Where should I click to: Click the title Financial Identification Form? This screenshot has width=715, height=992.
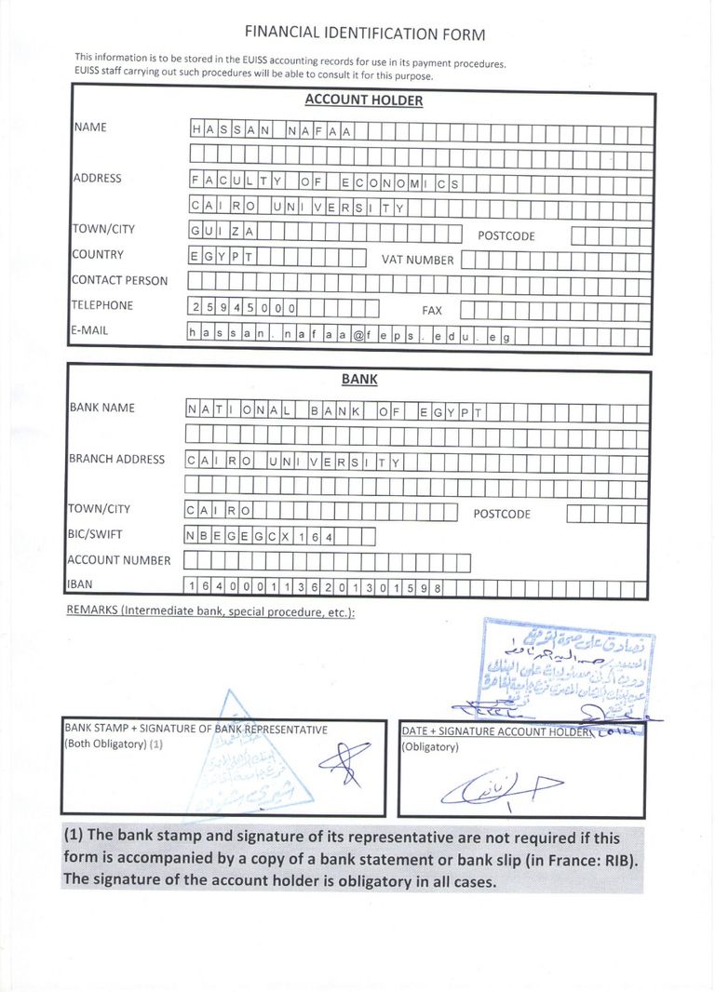[x=364, y=34]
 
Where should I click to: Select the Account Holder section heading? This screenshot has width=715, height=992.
[x=363, y=101]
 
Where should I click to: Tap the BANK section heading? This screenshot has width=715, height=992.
[x=359, y=380]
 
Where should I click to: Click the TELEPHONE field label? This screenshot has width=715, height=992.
[x=102, y=305]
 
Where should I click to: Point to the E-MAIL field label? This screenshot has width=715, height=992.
[x=89, y=330]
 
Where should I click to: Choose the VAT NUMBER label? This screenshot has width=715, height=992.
[x=417, y=261]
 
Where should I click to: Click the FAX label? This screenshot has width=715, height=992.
[x=432, y=311]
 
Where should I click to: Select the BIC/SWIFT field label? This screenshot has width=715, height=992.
[x=95, y=534]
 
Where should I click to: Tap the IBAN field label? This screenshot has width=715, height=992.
[x=81, y=584]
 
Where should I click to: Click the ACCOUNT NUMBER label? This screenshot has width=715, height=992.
[x=118, y=560]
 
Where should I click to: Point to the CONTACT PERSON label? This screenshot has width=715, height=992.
[x=119, y=280]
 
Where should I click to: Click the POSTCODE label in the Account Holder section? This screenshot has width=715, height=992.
[x=506, y=236]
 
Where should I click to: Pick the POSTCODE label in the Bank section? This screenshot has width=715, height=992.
[x=502, y=515]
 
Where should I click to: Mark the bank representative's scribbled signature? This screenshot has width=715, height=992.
[x=340, y=763]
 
